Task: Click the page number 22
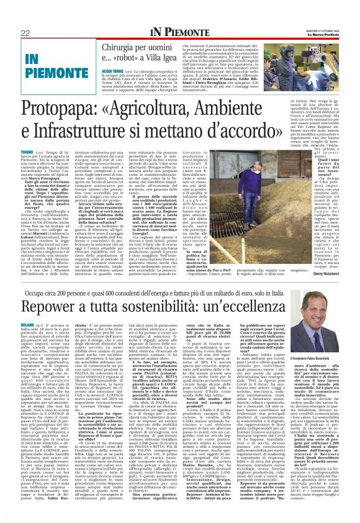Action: coord(25,33)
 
